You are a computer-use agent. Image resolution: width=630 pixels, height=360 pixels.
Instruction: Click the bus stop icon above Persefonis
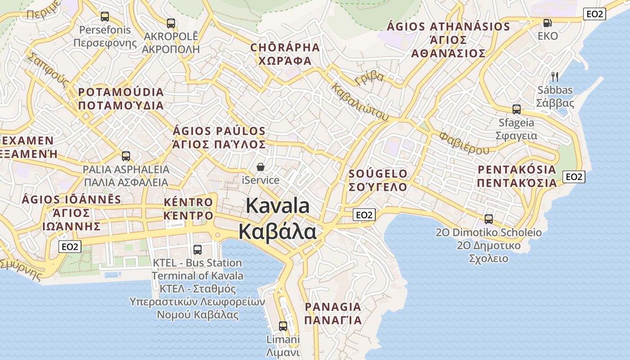[105, 17]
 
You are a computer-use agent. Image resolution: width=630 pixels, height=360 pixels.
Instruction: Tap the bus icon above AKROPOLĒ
[171, 23]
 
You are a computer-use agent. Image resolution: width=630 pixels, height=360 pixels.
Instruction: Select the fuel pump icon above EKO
[547, 22]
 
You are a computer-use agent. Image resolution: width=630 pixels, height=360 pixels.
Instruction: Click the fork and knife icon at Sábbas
[555, 76]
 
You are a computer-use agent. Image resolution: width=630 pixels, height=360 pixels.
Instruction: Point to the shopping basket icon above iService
[261, 167]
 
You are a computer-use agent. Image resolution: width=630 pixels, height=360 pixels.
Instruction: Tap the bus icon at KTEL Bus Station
[197, 249]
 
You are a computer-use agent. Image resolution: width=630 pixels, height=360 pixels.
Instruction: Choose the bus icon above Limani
[283, 326]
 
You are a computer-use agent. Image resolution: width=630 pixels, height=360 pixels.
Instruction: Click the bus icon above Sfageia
[516, 109]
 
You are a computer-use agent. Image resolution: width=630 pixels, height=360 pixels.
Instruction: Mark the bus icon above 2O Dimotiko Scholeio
[488, 219]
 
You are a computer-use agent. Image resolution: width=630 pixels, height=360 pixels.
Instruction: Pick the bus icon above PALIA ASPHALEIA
[126, 156]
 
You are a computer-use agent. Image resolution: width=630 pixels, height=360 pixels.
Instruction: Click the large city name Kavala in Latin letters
[278, 206]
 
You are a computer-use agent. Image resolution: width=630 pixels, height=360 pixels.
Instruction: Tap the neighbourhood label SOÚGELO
[378, 174]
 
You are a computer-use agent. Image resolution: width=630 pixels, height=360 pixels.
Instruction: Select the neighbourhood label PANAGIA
[333, 307]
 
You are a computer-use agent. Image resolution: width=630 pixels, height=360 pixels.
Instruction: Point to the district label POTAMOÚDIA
[121, 92]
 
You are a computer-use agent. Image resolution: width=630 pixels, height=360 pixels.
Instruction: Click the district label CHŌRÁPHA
[285, 48]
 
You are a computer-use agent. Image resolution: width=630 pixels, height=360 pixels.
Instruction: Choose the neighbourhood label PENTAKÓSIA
[517, 170]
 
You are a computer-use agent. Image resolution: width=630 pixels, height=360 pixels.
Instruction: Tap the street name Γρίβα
[369, 78]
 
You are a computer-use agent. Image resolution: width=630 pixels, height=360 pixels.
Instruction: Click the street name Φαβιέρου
[464, 142]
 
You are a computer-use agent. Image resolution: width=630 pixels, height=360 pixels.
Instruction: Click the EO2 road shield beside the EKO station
[594, 14]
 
